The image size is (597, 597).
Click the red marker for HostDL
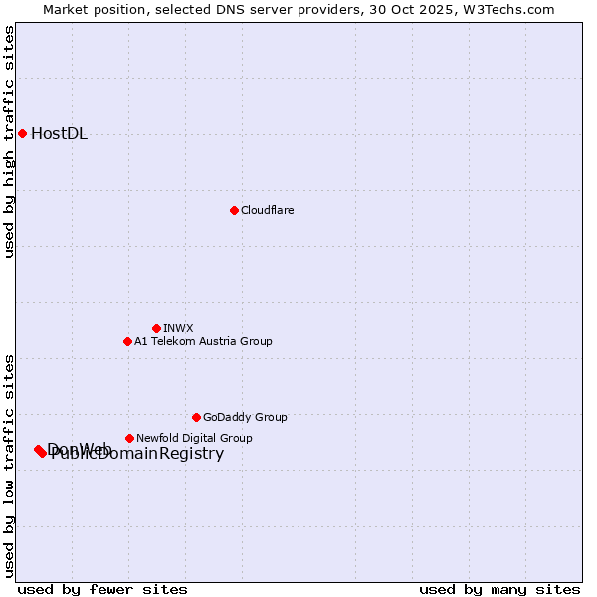pyautogui.click(x=22, y=133)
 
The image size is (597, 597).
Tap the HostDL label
pyautogui.click(x=60, y=134)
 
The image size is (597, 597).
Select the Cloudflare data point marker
pyautogui.click(x=234, y=210)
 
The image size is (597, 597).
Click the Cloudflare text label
pyautogui.click(x=268, y=211)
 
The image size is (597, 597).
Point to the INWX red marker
pyautogui.click(x=156, y=328)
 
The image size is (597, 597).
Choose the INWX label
pyautogui.click(x=178, y=329)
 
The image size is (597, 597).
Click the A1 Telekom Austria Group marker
pyautogui.click(x=127, y=341)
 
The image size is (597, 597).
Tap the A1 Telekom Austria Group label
pyautogui.click(x=203, y=342)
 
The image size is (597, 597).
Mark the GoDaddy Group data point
pyautogui.click(x=196, y=417)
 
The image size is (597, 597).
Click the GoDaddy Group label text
pyautogui.click(x=245, y=418)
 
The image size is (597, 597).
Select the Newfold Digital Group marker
pyautogui.click(x=129, y=438)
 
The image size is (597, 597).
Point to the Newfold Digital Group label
pyautogui.click(x=194, y=439)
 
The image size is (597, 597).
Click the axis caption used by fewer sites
pyautogui.click(x=102, y=589)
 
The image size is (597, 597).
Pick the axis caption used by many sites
pyautogui.click(x=499, y=589)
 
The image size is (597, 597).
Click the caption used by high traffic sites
pyautogui.click(x=9, y=141)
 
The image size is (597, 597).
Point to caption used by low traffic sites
pyautogui.click(x=9, y=466)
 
